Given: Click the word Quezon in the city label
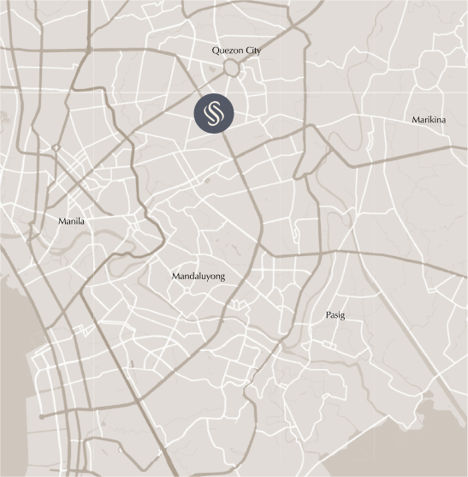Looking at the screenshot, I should click(228, 51).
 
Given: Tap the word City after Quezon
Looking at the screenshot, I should click(252, 51).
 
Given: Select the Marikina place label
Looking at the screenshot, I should click(428, 120).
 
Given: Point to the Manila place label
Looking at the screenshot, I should click(71, 221).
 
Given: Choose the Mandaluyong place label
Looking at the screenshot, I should click(198, 277).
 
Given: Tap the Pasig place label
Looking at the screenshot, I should click(335, 316).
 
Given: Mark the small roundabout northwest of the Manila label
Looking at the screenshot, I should click(56, 148).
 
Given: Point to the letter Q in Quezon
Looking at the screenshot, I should click(216, 51).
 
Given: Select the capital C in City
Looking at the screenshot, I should click(246, 51).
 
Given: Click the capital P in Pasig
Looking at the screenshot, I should click(329, 315).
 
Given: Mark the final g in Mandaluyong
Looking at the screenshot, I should click(222, 278).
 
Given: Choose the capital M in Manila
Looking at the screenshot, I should click(62, 221).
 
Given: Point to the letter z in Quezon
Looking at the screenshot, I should click(231, 51).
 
